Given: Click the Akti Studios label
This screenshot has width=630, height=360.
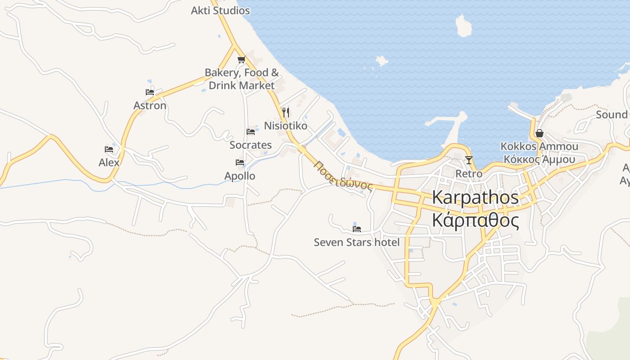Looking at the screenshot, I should click(220, 10).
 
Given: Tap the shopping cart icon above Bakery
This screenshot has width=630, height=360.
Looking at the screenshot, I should click(241, 59).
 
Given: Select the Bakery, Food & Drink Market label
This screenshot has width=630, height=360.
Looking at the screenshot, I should click(242, 79).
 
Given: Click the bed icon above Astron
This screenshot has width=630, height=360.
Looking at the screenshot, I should click(150, 92).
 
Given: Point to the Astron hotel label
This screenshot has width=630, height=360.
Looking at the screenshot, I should click(150, 105).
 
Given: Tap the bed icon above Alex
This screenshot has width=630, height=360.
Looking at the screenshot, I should click(109, 149).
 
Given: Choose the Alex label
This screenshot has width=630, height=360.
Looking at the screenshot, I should click(109, 162).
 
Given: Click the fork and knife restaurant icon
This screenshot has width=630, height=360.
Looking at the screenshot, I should click(286, 112).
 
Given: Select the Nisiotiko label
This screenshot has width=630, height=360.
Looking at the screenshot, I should click(285, 126).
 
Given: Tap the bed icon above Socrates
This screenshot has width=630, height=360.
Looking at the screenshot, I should click(251, 132).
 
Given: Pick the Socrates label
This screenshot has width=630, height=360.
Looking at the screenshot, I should click(251, 145).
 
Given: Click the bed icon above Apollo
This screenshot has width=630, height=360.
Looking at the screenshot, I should click(240, 162).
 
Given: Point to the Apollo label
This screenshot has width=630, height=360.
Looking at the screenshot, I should click(240, 176).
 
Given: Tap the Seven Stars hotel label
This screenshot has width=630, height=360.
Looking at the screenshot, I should click(356, 242).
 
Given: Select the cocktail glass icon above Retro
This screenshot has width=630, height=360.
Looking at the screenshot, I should click(469, 160).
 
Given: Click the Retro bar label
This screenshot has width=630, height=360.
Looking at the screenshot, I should click(469, 173).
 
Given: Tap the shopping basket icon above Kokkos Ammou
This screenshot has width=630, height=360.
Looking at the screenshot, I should click(540, 133).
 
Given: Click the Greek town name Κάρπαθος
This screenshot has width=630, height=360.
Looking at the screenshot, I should click(475, 221).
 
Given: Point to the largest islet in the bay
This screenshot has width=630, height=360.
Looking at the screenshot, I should click(463, 26).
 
